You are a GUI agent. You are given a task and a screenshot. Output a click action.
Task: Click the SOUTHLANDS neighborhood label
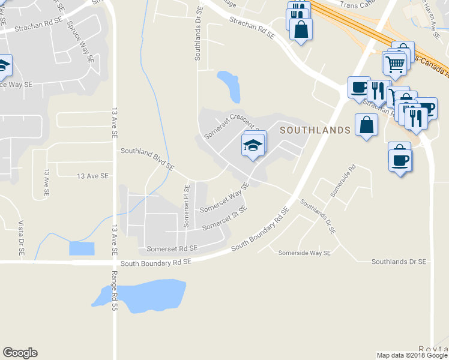point(314,130)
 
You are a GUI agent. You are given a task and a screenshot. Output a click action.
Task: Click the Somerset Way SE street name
point(224,200)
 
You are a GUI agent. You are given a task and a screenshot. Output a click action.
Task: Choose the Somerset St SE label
point(225,223)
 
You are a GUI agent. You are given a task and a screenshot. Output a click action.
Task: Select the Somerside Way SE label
point(304,253)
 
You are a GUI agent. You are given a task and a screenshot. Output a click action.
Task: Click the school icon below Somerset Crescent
point(253,145)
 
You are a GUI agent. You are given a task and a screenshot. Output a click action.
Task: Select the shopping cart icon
point(395,62)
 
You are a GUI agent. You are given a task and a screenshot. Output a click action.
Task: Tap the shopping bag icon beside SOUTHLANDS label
point(366,125)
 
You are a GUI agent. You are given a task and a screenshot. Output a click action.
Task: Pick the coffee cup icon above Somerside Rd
point(400,159)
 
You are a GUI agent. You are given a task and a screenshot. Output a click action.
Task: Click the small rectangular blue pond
point(82,248)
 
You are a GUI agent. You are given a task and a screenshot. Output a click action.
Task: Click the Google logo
point(20,353)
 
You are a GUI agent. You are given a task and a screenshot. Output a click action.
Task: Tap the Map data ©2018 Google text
point(411,355)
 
